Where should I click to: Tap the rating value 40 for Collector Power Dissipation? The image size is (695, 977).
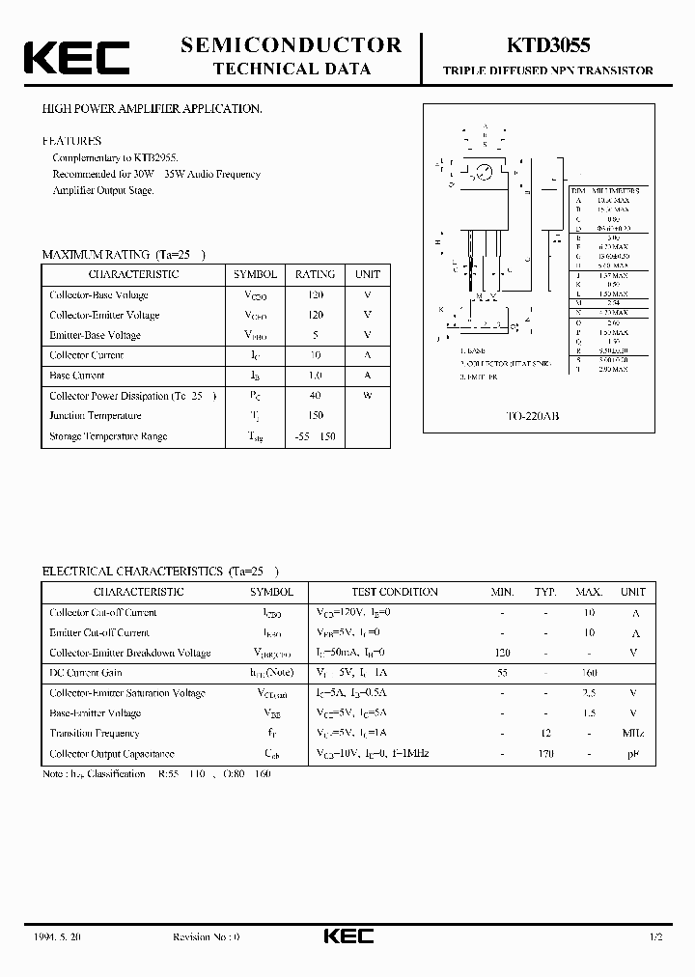tap(315, 396)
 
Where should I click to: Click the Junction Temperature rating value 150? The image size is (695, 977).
tap(315, 416)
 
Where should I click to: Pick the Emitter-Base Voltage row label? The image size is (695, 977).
tap(95, 335)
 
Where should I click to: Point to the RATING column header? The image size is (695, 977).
tap(315, 274)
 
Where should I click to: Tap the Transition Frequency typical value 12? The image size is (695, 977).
tap(546, 734)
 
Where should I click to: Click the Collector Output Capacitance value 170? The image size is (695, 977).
tap(546, 754)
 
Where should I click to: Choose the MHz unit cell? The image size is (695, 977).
tap(633, 734)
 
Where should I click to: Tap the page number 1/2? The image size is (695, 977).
tap(656, 937)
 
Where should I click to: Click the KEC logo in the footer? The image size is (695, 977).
tap(347, 937)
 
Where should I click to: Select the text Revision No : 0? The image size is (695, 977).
tap(206, 937)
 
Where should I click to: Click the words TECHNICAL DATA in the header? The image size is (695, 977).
tap(292, 69)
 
